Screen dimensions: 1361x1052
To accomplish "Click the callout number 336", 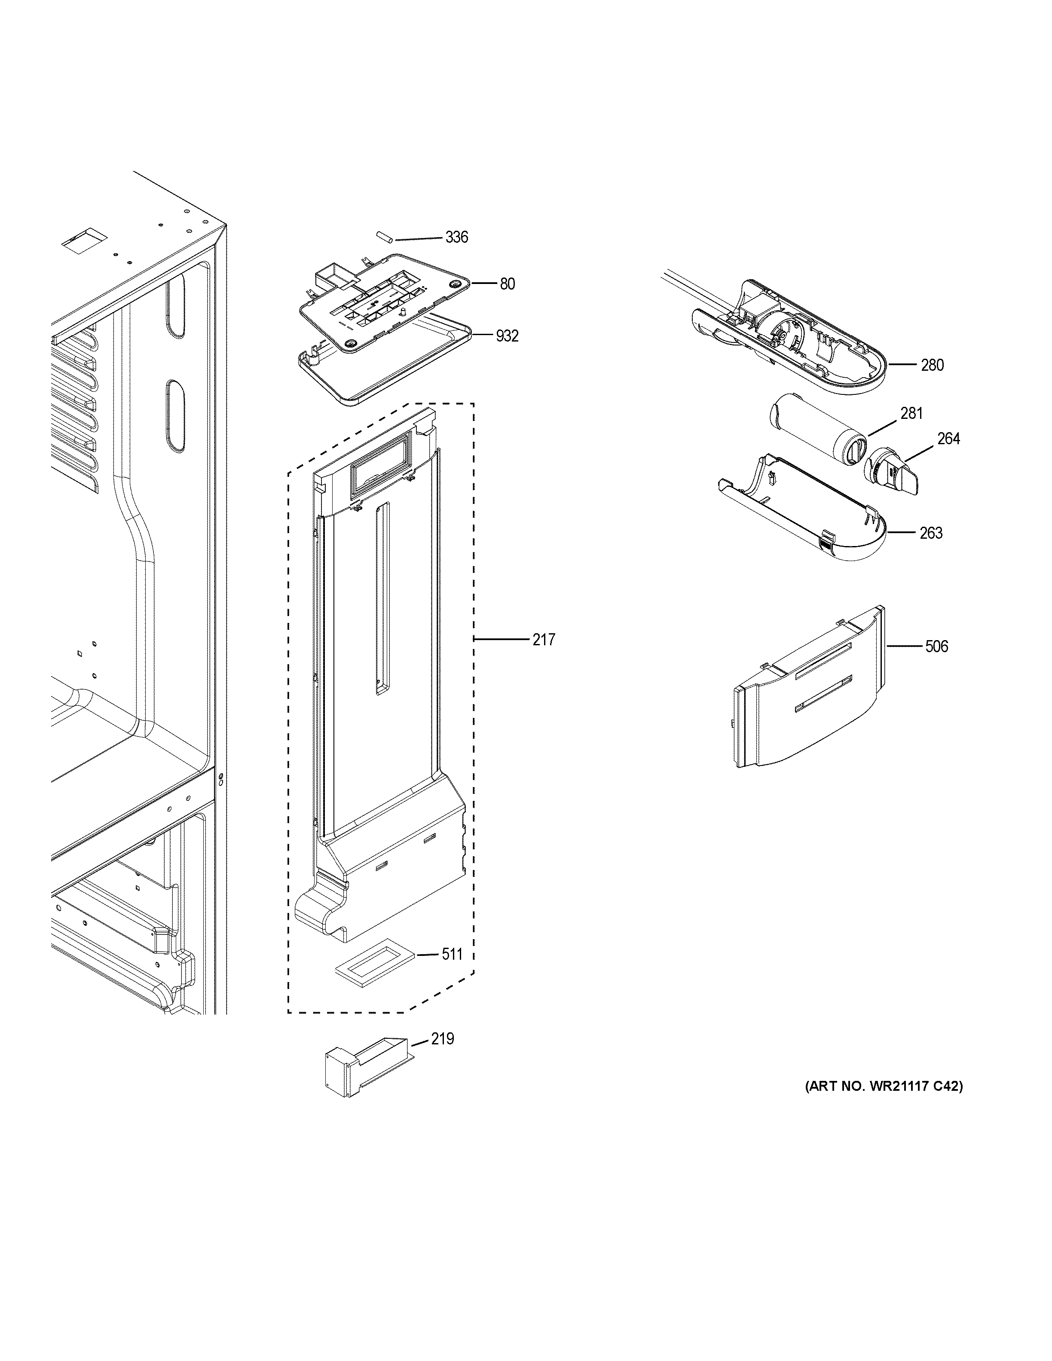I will pos(456,238).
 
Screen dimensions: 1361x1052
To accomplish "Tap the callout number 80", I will pos(507,284).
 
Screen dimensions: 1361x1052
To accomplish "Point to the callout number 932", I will pos(507,336).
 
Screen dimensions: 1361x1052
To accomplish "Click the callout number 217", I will pos(544,640).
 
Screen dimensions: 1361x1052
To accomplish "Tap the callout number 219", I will pos(443,1039).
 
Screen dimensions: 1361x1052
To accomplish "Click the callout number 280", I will pos(933,365).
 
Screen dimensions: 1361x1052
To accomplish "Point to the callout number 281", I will pos(911,413).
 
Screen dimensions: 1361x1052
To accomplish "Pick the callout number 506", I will pos(936,647).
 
